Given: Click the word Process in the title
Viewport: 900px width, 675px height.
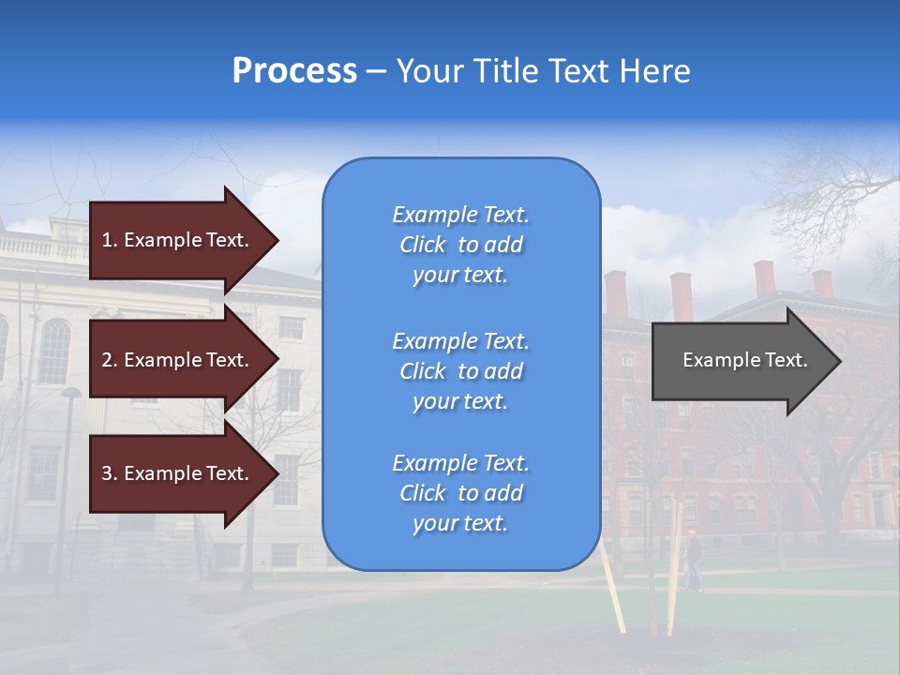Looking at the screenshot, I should click(294, 71).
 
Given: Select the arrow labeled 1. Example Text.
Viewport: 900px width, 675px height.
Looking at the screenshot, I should click(178, 240).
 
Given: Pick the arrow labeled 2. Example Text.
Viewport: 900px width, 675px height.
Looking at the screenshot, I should click(178, 360).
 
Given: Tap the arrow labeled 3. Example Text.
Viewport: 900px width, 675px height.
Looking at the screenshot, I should click(178, 473).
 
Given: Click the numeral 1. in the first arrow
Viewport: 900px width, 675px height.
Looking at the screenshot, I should click(110, 240).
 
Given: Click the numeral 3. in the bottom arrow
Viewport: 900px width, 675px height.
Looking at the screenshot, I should click(110, 473).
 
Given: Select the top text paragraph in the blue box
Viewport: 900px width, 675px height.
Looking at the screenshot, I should click(460, 245).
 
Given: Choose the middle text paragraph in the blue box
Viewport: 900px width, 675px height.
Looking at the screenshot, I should click(460, 371).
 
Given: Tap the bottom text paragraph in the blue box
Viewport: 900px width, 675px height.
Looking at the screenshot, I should click(460, 493).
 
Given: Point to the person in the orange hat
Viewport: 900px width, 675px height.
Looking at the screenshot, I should click(692, 561).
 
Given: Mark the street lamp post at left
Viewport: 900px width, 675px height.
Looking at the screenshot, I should click(67, 487).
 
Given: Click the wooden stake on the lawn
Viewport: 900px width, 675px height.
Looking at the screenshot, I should click(614, 591).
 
